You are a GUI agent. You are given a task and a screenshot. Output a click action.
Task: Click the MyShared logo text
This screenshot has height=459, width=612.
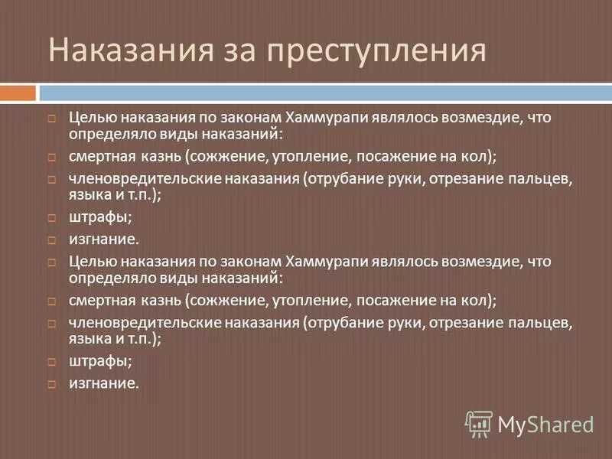[546, 423]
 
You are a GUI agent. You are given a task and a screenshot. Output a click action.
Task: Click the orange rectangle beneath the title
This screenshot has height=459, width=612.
[18, 93]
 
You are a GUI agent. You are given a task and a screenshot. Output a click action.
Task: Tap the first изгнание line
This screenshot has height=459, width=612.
[104, 239]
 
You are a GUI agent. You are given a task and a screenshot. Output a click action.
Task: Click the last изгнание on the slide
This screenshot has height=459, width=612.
[104, 383]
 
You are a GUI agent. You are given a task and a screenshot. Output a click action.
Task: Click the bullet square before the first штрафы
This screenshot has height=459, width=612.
[51, 218]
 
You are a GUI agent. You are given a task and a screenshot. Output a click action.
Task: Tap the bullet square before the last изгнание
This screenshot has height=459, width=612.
[51, 384]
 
